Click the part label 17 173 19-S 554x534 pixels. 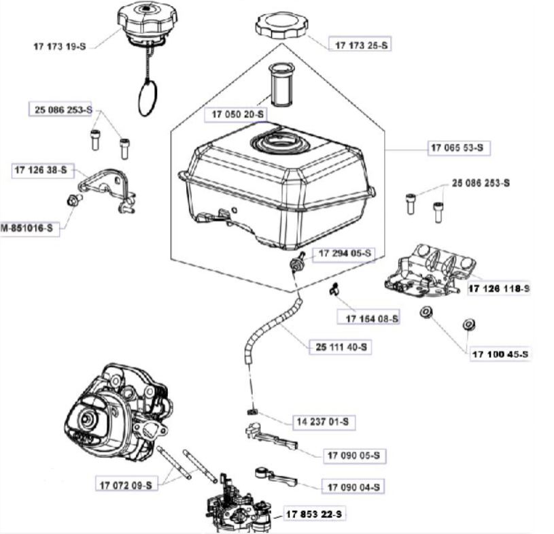60,46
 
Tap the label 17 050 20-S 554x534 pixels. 234,116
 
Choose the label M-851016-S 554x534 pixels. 29,229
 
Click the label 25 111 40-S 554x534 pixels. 341,347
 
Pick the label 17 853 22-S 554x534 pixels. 314,514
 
